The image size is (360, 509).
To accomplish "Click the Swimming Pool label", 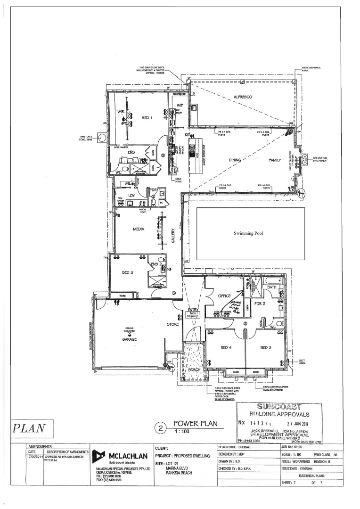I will (x=250, y=233).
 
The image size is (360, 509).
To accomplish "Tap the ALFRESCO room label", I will (x=243, y=97).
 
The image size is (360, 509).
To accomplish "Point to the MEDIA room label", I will (x=138, y=229).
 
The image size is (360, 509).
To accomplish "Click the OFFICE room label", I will (x=225, y=296).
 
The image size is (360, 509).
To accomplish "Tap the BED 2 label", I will (x=267, y=348).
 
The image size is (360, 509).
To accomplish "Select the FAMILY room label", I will (x=275, y=160).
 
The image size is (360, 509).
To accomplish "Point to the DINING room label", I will (x=235, y=160).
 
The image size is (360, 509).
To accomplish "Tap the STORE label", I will (x=172, y=324).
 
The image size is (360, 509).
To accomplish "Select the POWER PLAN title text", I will (x=196, y=424).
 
